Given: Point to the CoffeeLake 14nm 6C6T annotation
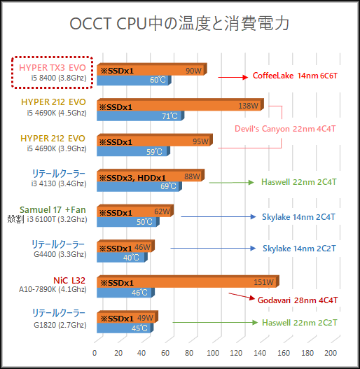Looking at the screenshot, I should click(x=295, y=75).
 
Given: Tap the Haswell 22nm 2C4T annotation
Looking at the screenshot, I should click(x=298, y=181).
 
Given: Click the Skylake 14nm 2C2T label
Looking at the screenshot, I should click(x=299, y=248).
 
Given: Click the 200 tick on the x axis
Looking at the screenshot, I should click(x=331, y=352).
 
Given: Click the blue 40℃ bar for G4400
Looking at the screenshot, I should click(x=120, y=256).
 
